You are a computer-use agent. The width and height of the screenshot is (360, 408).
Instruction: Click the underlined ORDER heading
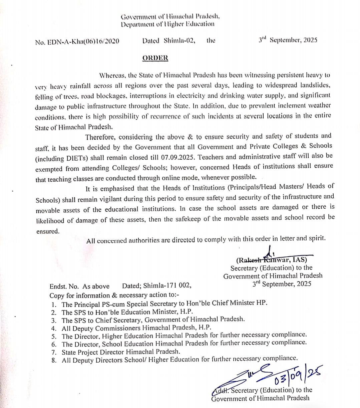(x=155, y=58)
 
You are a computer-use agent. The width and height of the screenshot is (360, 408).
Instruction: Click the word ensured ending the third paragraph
(x=47, y=231)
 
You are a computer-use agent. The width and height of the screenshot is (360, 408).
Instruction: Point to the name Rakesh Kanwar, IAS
(x=272, y=260)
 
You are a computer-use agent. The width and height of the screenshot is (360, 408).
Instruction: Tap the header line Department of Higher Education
(x=168, y=24)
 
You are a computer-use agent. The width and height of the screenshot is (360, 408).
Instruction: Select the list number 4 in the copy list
(x=54, y=328)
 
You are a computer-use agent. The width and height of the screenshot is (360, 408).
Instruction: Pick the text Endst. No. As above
(x=79, y=286)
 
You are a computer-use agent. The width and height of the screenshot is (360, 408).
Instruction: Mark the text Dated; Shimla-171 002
(x=157, y=286)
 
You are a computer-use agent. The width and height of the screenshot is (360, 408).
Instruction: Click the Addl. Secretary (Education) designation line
(x=262, y=390)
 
